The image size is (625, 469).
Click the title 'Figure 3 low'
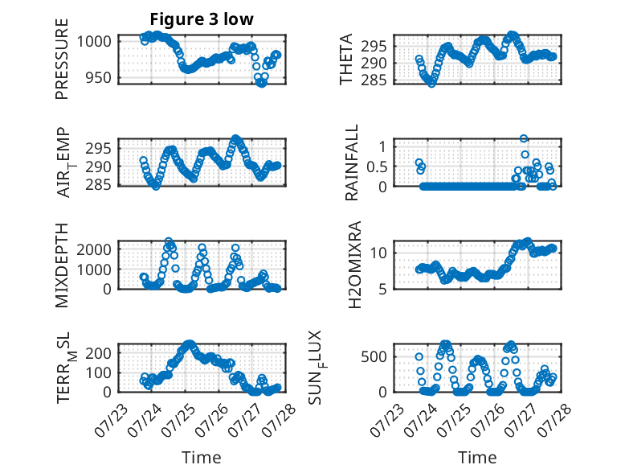202,19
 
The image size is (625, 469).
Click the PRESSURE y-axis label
62,59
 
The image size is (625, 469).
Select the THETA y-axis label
346,59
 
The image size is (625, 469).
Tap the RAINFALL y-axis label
352,163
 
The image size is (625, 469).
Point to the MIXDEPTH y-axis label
62,265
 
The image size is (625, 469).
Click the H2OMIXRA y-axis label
354,265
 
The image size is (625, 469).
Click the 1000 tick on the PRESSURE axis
94,41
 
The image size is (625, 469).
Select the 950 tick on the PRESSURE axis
98,77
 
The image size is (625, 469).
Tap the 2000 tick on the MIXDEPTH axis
94,249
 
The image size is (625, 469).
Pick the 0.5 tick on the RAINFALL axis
377,167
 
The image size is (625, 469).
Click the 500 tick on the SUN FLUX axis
374,356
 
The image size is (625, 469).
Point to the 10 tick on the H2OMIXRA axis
378,253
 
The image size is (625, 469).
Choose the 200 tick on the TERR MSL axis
98,353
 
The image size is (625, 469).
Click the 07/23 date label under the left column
112,420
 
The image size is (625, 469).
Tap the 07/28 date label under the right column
555,420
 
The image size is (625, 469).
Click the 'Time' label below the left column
202,458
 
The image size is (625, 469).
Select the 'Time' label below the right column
477,458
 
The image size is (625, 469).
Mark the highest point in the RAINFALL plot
524,138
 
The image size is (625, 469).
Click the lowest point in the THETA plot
431,84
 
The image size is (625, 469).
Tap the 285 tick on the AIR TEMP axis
98,185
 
